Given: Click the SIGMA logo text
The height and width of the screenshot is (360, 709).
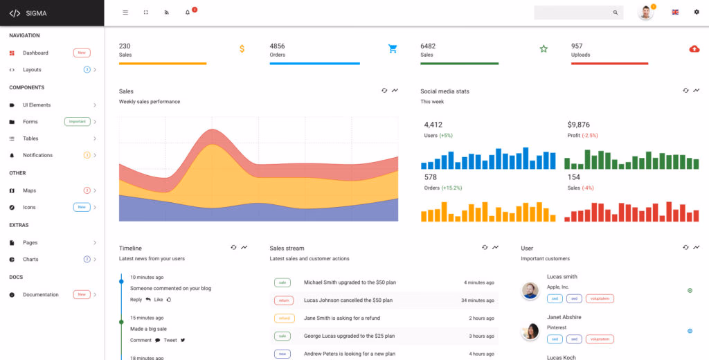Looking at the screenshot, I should pos(36,13).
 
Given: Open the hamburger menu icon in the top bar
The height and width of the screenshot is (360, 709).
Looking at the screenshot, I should pos(125,12).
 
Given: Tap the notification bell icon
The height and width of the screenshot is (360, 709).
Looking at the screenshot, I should pos(188,12).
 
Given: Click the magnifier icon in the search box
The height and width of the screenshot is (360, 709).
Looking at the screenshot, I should pos(616,12).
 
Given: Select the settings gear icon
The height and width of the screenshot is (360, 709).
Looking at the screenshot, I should pos(697,12).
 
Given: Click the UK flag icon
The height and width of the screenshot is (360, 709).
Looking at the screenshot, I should pos(675,12).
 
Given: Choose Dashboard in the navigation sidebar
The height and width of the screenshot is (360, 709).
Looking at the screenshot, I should pos(35,53).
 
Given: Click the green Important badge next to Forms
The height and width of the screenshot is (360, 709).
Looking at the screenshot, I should pos(77,121).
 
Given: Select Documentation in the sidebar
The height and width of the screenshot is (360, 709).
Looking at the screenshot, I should pos(41,294).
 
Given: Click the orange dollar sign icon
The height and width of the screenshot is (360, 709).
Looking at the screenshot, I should pos(242,48).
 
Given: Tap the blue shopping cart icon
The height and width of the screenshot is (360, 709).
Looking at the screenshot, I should pos(393,48).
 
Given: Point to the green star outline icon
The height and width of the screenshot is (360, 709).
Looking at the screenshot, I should pos(544,48).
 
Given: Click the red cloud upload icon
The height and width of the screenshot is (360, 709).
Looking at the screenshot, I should pos(694,48).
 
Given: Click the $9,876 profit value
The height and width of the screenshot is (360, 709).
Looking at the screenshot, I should pos(578,125).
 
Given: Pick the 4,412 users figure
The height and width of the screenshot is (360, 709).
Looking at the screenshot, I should pos(433,125).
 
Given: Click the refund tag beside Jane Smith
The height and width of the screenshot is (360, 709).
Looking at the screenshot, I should pos(282,318).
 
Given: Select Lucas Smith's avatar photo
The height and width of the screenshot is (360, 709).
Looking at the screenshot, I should pos(530,291).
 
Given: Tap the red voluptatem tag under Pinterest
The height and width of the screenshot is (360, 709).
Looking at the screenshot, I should pos(600,339).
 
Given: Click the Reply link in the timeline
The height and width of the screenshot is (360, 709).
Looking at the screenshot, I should pos(136,300).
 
